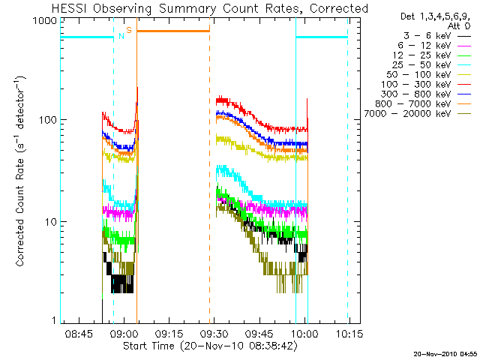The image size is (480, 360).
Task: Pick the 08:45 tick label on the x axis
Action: point(79,332)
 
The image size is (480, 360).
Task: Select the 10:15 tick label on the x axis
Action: point(348,332)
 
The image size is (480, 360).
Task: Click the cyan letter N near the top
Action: point(121,35)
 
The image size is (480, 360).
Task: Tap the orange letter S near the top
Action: point(129,30)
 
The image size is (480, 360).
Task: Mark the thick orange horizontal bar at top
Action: point(172,31)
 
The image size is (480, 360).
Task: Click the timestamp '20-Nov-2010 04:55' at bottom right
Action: point(443,352)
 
